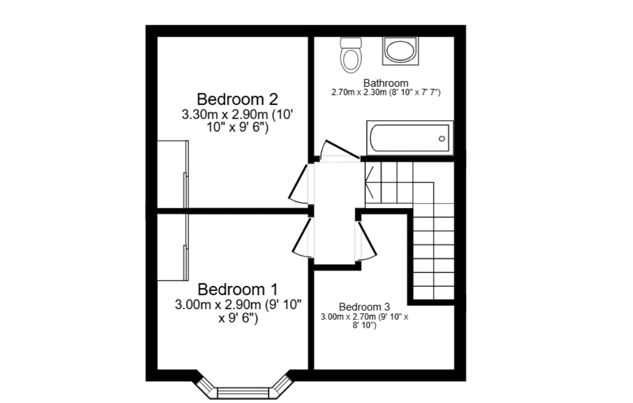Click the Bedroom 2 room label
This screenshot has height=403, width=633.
point(237,99)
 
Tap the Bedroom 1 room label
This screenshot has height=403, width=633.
point(238,289)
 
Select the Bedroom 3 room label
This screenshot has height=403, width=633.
point(364,307)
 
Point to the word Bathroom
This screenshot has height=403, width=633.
point(386,83)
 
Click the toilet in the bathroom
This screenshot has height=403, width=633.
point(350,55)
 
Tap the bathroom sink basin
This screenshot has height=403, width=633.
point(400,51)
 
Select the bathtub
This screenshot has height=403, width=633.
point(410,138)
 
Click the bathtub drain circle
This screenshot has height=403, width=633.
point(442,138)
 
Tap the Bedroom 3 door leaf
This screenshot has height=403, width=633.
point(368,239)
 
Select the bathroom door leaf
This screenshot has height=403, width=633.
point(342,148)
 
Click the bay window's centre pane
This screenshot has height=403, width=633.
point(243,393)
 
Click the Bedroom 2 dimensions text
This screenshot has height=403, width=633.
point(237,121)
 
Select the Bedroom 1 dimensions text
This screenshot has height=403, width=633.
point(238,311)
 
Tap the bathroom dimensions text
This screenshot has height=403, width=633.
point(386,93)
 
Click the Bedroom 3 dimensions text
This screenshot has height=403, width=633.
point(364,321)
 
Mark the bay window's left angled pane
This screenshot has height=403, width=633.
point(207,385)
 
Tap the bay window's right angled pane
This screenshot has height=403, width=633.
point(280,385)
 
